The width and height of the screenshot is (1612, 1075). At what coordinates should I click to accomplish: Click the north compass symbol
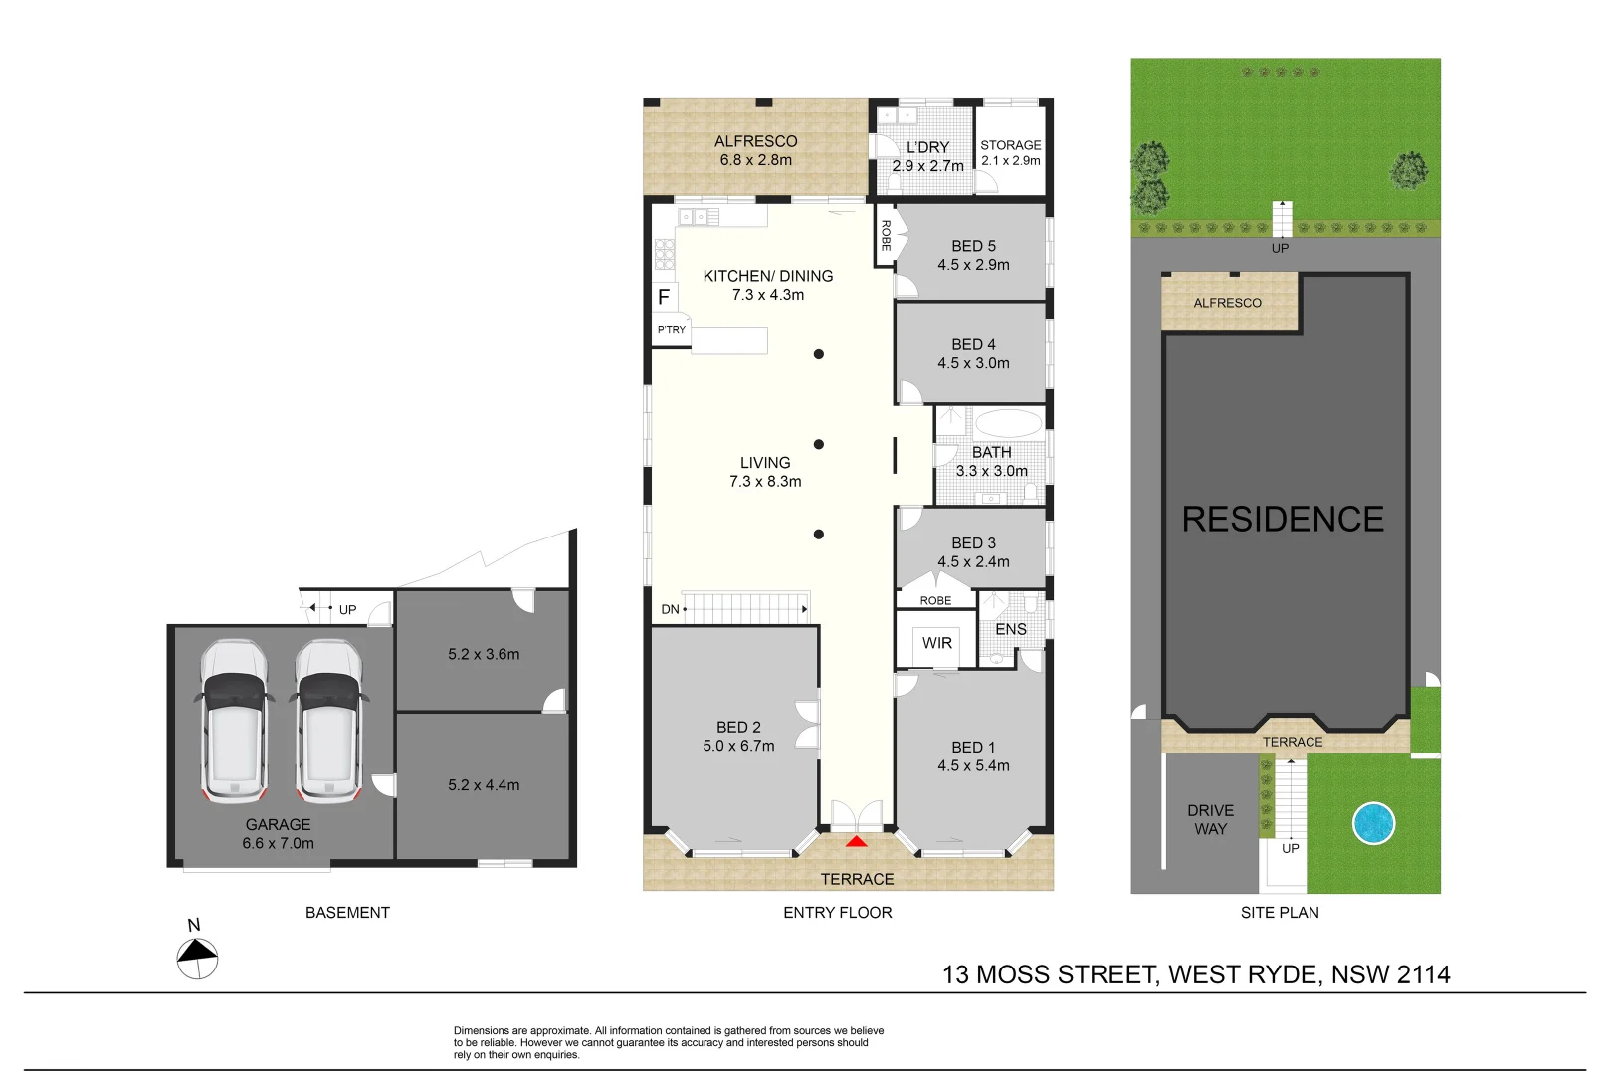[x=197, y=959]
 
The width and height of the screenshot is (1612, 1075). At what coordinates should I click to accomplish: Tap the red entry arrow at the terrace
[x=856, y=842]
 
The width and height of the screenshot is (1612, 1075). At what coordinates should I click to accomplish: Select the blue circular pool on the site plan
[x=1373, y=823]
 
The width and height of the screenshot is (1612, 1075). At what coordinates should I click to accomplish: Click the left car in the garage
[x=234, y=721]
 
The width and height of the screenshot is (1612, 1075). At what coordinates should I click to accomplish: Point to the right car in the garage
[x=328, y=721]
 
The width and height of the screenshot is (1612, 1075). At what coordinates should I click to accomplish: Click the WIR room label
[x=936, y=643]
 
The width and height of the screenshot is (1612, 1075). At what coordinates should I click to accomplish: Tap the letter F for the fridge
[x=664, y=297]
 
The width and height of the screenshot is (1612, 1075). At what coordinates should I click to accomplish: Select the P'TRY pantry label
[x=671, y=330]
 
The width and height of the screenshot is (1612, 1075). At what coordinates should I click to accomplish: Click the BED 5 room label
[x=973, y=246]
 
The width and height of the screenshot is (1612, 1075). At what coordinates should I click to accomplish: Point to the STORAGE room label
[x=1010, y=145]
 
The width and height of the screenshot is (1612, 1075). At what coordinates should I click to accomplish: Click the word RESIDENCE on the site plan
[x=1283, y=520]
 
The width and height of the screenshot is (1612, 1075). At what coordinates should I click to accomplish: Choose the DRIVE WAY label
[x=1210, y=820]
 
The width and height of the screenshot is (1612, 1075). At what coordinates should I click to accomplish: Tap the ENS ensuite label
[x=1010, y=629]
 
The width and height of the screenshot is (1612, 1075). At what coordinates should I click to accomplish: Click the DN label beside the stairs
[x=670, y=609]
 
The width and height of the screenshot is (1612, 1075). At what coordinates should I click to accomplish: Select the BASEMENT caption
[x=347, y=912]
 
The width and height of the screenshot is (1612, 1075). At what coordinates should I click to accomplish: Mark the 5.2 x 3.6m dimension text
[x=484, y=654]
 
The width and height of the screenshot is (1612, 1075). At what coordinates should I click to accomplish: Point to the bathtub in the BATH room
[x=1007, y=423]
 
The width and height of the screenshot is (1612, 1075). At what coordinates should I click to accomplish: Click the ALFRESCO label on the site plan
[x=1227, y=303]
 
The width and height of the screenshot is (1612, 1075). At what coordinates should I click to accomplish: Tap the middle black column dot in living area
[x=818, y=444]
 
